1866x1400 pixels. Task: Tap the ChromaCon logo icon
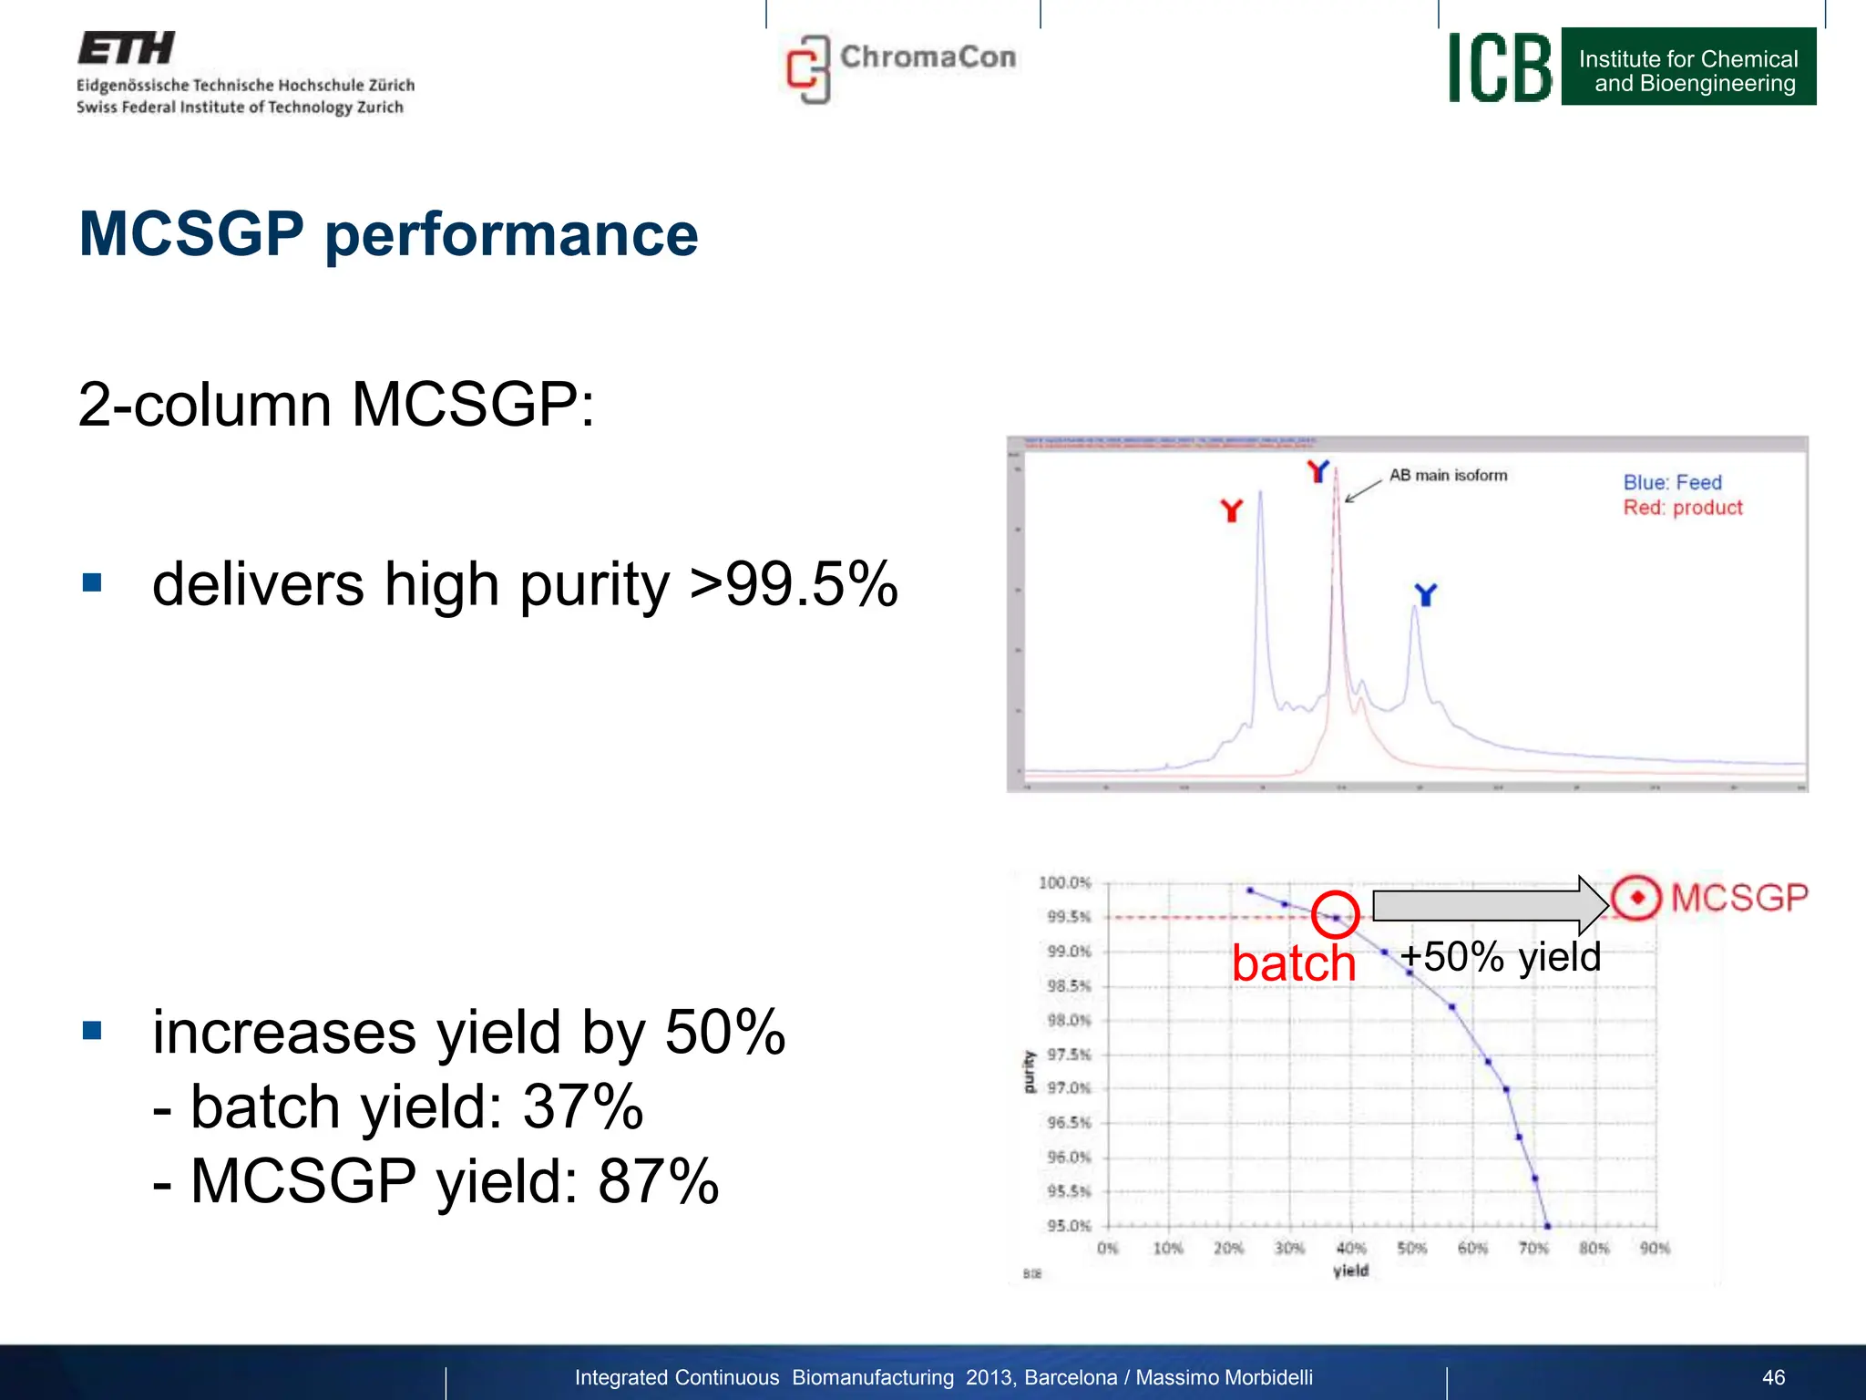click(x=808, y=69)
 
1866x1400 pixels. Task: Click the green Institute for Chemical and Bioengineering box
click(x=1687, y=67)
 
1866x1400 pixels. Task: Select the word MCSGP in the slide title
click(x=191, y=234)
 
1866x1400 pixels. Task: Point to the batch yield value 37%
click(x=583, y=1107)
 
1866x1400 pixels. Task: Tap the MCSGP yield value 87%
click(x=658, y=1181)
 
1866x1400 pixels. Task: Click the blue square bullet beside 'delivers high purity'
click(x=92, y=582)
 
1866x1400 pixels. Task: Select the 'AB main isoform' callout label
click(x=1448, y=475)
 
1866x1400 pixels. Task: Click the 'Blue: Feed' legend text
click(x=1672, y=482)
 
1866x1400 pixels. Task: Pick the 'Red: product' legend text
click(x=1682, y=508)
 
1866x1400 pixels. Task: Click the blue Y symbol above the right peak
click(x=1425, y=595)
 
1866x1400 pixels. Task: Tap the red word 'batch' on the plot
click(x=1293, y=962)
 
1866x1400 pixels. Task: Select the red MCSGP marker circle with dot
click(x=1636, y=898)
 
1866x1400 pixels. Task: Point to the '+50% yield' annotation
click(x=1500, y=957)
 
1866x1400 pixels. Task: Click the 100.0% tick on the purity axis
click(x=1063, y=882)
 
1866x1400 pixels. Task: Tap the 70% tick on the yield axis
click(x=1533, y=1248)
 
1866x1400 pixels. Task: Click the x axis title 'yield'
click(x=1350, y=1271)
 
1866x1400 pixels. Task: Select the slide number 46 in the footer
click(x=1773, y=1377)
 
